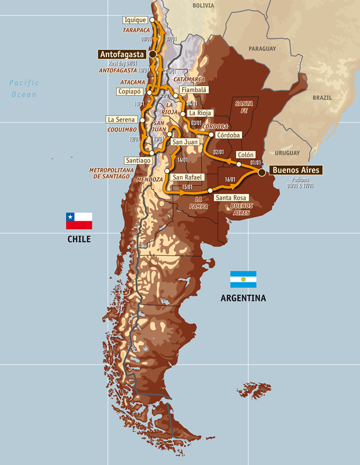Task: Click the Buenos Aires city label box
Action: (x=295, y=170)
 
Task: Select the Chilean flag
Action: (x=79, y=221)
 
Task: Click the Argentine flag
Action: (x=243, y=279)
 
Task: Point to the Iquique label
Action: (x=135, y=20)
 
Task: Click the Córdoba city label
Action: (x=228, y=135)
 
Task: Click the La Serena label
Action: (x=121, y=120)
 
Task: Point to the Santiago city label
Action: (x=138, y=161)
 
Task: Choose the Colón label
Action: (x=245, y=154)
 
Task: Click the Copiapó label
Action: (x=129, y=92)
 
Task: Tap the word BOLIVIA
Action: (x=203, y=6)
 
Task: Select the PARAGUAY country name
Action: (x=262, y=49)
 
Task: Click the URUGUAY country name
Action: (x=287, y=153)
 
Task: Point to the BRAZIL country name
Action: (x=322, y=98)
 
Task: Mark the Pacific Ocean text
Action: (x=24, y=88)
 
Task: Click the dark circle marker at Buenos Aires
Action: (x=261, y=171)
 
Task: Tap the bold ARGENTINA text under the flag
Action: (x=243, y=298)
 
